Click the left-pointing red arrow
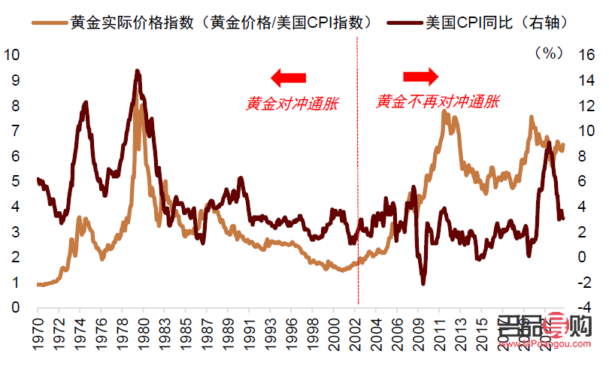pos(289,76)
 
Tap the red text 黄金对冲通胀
pos(291,104)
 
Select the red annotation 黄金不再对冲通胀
pos(438,101)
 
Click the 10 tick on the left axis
pos(12,54)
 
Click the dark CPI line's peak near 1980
pos(137,71)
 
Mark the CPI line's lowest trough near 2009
pos(424,283)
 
